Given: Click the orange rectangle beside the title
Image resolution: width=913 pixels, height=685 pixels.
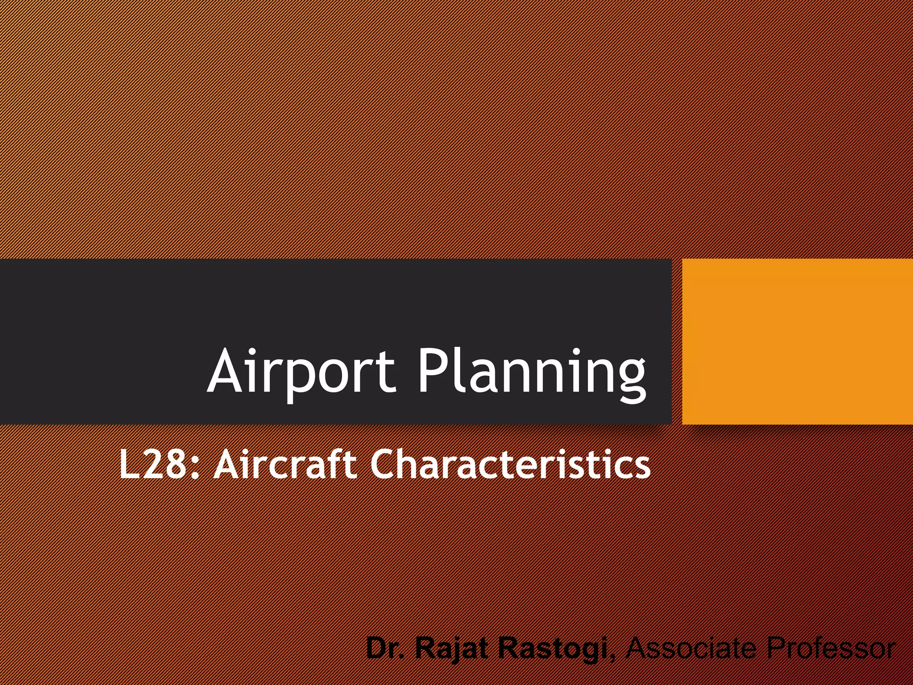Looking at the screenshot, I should (x=798, y=342).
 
